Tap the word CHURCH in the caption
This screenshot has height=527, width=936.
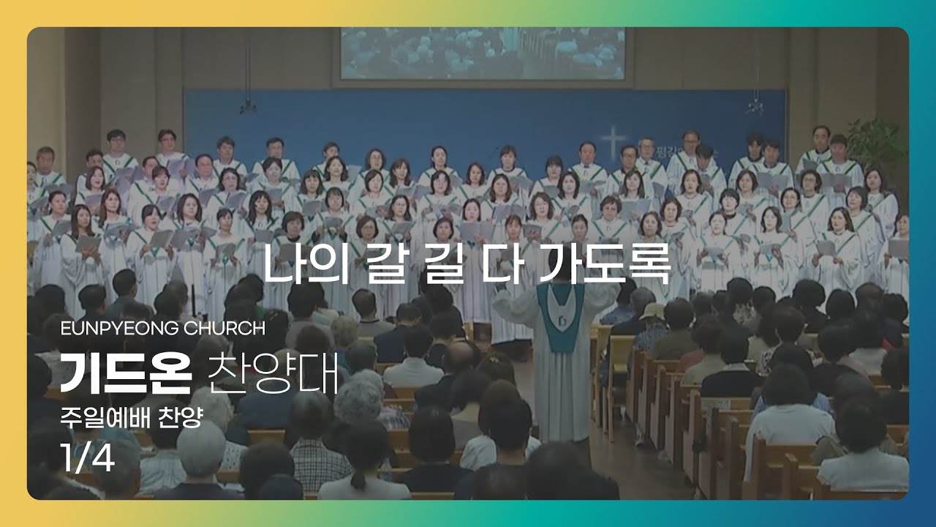[x=224, y=329]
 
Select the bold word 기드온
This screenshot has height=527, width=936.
[x=126, y=373]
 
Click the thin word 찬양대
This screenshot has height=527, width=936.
[x=273, y=373]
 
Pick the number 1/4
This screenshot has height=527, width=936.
[x=87, y=458]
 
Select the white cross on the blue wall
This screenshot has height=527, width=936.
[x=614, y=142]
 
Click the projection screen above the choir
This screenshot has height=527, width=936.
[x=483, y=53]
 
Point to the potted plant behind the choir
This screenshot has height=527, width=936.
[x=877, y=147]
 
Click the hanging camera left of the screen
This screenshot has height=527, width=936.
[x=248, y=107]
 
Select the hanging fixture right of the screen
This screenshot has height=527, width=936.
[x=755, y=107]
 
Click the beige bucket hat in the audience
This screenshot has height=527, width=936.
[x=651, y=311]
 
